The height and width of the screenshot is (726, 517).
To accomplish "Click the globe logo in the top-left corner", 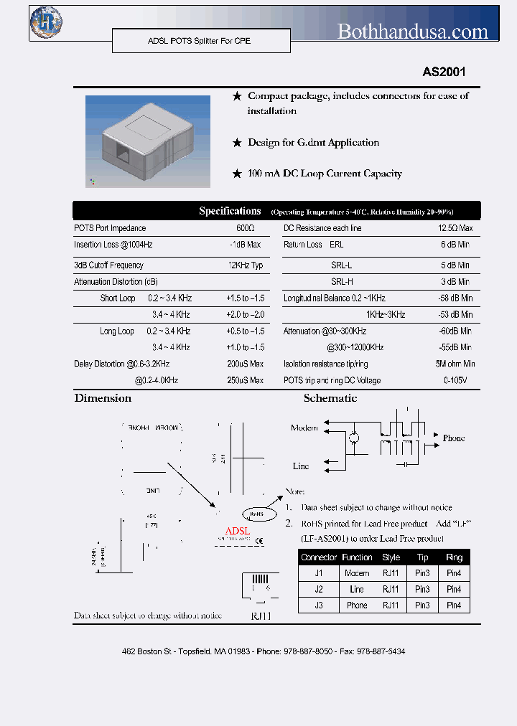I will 46,22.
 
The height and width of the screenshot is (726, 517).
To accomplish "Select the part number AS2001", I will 444,72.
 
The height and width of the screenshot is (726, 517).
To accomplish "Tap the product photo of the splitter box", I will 148,141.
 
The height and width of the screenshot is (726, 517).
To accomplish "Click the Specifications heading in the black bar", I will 230,211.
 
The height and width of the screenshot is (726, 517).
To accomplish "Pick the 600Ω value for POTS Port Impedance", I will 246,228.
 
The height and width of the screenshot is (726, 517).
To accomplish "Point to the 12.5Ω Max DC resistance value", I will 455,228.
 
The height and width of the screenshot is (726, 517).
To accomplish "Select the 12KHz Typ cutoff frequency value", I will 246,265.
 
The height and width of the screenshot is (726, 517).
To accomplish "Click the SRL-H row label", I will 342,282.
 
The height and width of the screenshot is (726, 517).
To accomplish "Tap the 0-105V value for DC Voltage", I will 455,380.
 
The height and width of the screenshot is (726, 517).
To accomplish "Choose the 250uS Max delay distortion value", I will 246,380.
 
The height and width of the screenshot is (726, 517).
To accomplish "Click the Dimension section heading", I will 103,398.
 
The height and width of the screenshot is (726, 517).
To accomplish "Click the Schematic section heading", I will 330,398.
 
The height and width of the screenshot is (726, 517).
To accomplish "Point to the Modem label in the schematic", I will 304,428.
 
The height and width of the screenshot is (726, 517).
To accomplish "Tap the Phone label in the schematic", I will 454,438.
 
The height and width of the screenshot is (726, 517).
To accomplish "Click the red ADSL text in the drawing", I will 238,531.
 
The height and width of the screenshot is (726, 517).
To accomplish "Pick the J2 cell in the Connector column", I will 319,589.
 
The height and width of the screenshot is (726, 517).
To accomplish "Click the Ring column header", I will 454,557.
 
